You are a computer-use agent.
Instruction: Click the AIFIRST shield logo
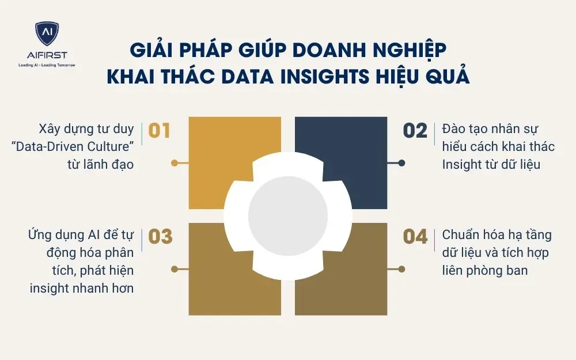coord(46,33)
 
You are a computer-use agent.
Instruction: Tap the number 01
coord(160,131)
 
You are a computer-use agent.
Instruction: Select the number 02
coord(415,131)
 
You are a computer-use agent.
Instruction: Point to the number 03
coord(160,237)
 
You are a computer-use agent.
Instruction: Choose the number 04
coord(415,237)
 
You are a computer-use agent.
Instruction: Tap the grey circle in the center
coord(288,215)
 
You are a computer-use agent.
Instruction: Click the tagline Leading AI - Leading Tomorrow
coord(46,65)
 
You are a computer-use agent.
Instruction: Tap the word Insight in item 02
coord(461,164)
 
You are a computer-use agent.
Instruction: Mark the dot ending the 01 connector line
coord(175,163)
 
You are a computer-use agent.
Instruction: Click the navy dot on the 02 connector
coord(402,163)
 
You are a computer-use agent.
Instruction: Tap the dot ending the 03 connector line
coord(175,268)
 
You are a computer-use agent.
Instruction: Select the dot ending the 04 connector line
coord(402,268)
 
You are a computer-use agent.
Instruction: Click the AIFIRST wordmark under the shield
coord(46,55)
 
